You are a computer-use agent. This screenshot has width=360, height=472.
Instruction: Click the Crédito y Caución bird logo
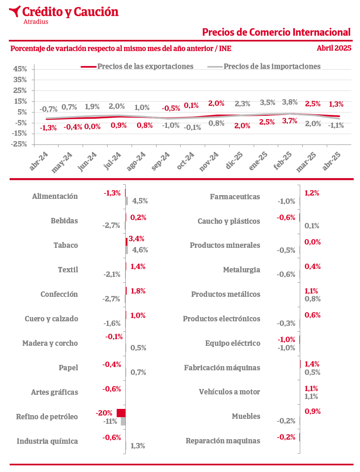coord(15,11)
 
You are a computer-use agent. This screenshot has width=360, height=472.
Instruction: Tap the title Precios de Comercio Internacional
coord(276,32)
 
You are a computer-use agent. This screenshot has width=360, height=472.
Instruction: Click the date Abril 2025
coord(334,48)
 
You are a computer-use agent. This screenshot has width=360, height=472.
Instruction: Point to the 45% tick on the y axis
coord(20,69)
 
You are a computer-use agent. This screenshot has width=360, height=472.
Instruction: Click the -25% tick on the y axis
coord(19,144)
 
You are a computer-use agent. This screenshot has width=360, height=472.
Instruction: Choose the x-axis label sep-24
coord(160,161)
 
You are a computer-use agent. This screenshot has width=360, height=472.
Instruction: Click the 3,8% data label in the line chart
coord(289,102)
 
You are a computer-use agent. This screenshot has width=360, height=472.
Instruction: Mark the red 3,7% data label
coord(289,121)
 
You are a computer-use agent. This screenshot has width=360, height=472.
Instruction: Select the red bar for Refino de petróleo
coord(121,413)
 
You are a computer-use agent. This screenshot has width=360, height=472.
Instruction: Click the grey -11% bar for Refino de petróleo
coord(123,421)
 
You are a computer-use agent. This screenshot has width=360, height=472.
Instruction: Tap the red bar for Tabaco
coord(127,242)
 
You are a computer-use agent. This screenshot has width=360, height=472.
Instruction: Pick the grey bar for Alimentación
coord(127,201)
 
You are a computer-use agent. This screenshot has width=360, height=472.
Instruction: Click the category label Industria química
coord(47,441)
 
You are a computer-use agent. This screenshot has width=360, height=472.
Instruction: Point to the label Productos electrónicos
coord(222,319)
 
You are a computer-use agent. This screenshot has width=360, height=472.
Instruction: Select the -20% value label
coord(104,413)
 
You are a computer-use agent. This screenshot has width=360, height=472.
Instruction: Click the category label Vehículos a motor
coord(229,392)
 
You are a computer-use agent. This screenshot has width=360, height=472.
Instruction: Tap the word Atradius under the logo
coord(36,22)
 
